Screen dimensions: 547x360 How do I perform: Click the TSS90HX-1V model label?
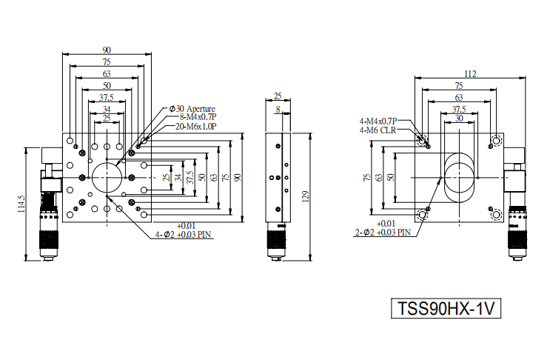tap(446, 308)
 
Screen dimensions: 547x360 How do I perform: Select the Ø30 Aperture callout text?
tap(192, 109)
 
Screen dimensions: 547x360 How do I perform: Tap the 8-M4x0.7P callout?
tap(198, 117)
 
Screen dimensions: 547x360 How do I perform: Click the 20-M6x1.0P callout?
tap(195, 126)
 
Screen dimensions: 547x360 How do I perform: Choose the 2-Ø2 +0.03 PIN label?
tap(383, 232)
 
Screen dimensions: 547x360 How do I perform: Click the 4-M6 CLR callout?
tap(377, 130)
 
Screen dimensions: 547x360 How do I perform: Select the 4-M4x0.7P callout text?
tap(378, 121)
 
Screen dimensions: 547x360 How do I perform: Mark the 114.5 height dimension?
tap(21, 204)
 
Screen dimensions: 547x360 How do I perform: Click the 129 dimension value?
tap(306, 196)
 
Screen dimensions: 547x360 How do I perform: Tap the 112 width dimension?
tap(470, 73)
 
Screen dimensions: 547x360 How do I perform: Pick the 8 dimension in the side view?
tap(278, 110)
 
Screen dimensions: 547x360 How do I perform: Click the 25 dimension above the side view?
tap(278, 96)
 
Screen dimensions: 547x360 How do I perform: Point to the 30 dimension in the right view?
tap(459, 119)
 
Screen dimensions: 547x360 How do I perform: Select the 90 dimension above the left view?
tap(107, 50)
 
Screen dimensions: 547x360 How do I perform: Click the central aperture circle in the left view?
tap(107, 178)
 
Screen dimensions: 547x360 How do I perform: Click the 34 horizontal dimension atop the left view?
tap(107, 110)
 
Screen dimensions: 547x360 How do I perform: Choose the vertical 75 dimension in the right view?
tap(366, 177)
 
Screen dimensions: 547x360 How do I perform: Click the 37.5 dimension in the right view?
tap(459, 109)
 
